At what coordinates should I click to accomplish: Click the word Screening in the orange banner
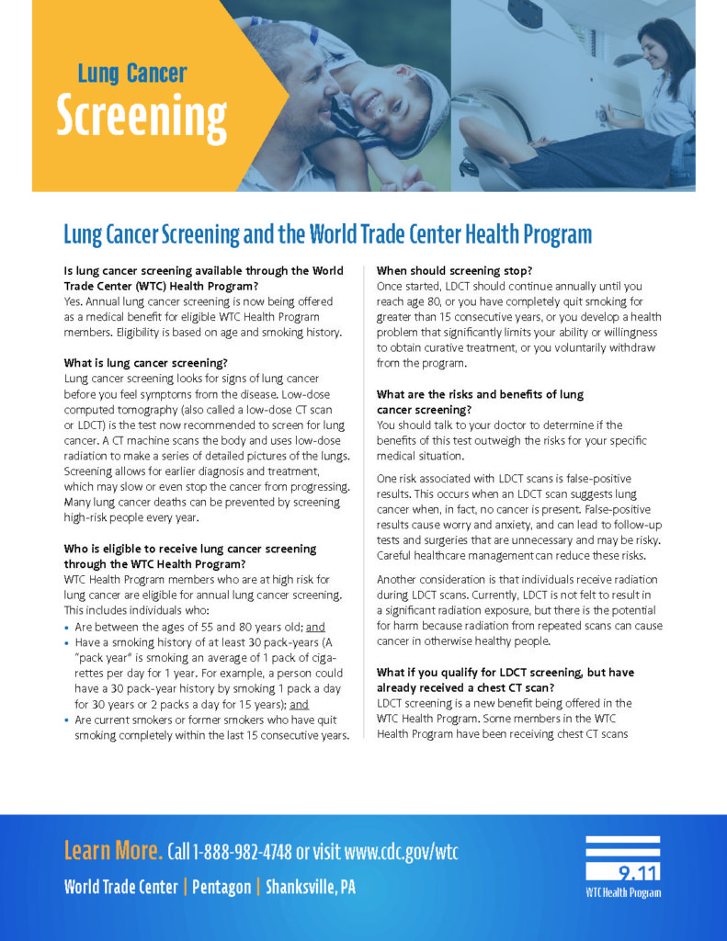coord(142,116)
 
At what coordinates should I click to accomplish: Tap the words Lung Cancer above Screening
coord(132,74)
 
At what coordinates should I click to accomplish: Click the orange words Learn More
coord(113,851)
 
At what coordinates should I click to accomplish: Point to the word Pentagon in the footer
coord(222,888)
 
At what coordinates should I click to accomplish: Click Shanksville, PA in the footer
coord(311,888)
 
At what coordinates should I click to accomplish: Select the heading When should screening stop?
coord(454,271)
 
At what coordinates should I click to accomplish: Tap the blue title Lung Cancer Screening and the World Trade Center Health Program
coord(327,233)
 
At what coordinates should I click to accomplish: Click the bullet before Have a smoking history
coord(67,643)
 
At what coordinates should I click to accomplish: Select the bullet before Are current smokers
coord(67,720)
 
